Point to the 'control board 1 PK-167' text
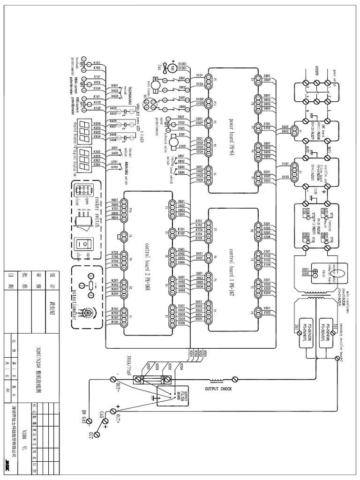(x=231, y=269)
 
